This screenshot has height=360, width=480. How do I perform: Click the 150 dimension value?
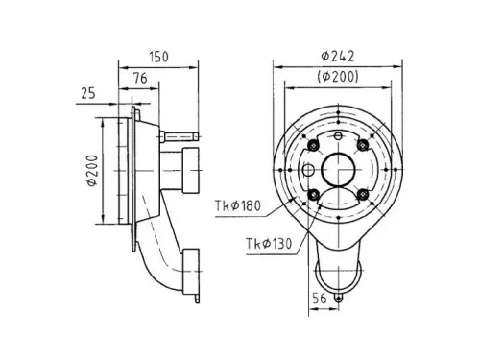[x=159, y=57]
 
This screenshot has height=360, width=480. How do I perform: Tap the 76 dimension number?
[x=140, y=78]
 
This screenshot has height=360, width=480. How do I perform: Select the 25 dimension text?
[x=88, y=93]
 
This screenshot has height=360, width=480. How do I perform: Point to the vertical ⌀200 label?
[x=92, y=170]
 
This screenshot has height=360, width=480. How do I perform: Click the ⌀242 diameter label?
[x=338, y=57]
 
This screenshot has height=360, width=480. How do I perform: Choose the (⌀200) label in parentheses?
[x=338, y=77]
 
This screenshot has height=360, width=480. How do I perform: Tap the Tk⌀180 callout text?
[x=238, y=205]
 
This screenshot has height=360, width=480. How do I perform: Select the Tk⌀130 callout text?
[x=269, y=244]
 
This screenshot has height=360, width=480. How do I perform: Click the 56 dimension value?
[x=320, y=299]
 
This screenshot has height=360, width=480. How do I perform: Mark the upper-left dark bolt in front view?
[x=313, y=146]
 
